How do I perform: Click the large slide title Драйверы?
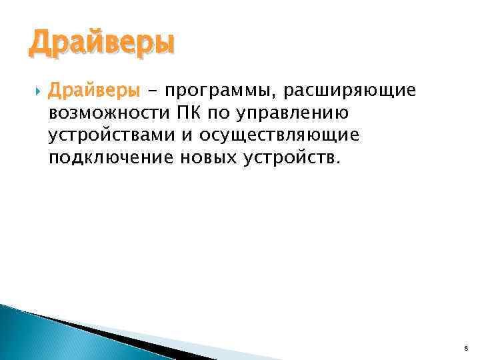pos(101,45)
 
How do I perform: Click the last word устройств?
pos(293,159)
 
